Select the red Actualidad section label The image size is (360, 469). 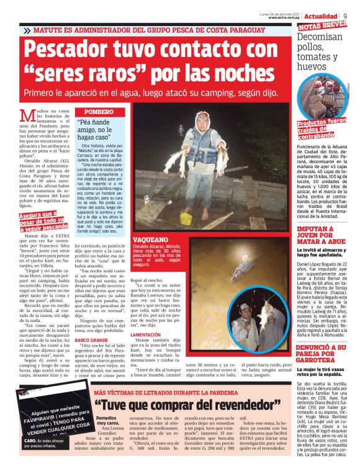point(321,16)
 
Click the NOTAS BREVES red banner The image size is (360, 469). point(322,27)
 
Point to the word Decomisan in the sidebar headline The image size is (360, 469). point(320,38)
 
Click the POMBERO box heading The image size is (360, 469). point(94,111)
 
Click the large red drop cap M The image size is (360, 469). point(27,116)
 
